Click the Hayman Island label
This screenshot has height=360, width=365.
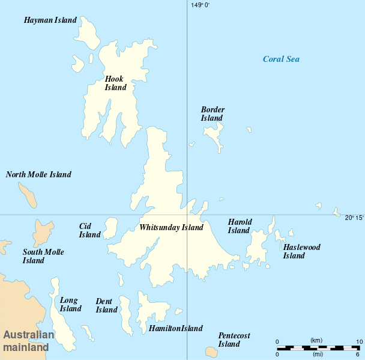[x=50, y=20]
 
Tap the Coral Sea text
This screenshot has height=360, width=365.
[x=281, y=59]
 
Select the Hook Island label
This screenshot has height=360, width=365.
[x=116, y=83]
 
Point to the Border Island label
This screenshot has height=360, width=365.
[x=213, y=114]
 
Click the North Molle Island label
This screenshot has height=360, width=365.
[x=38, y=175]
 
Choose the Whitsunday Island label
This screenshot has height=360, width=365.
[x=171, y=228]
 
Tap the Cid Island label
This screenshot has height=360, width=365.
[x=90, y=230]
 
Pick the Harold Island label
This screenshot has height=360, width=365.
[x=240, y=226]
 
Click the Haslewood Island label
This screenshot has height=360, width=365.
[x=301, y=251]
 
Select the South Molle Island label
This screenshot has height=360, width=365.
[x=43, y=257]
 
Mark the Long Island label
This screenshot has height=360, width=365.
[x=70, y=304]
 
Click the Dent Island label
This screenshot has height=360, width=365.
[x=106, y=305]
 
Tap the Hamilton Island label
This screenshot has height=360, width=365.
[x=175, y=329]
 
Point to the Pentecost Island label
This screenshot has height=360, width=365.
[x=234, y=340]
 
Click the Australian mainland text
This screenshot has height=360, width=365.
[x=28, y=341]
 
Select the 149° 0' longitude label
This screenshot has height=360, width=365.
[x=201, y=5]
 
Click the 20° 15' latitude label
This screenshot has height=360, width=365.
[x=354, y=218]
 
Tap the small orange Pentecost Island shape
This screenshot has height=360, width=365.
[x=211, y=352]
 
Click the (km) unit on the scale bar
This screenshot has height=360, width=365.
[x=316, y=341]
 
